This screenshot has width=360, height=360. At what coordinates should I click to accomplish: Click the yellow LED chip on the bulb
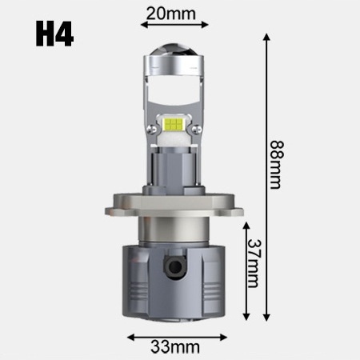[x=174, y=125]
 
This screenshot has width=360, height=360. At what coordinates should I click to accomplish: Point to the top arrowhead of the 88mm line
[x=264, y=38]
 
